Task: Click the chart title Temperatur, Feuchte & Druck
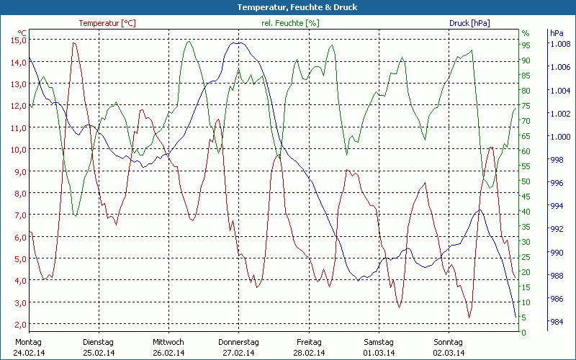[x=287, y=7]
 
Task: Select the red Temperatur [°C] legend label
[x=107, y=23]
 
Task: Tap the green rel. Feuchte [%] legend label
[x=290, y=23]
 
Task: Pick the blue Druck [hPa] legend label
[x=469, y=23]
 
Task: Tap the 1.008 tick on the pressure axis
[x=560, y=44]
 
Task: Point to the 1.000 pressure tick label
[x=560, y=137]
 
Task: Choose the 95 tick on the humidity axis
[x=526, y=45]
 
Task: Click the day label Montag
[x=28, y=342]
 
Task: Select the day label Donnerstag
[x=238, y=342]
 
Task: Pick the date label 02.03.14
[x=448, y=353]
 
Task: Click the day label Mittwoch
[x=168, y=342]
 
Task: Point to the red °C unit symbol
[x=22, y=32]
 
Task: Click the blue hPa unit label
[x=557, y=33]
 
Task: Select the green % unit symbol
[x=526, y=33]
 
